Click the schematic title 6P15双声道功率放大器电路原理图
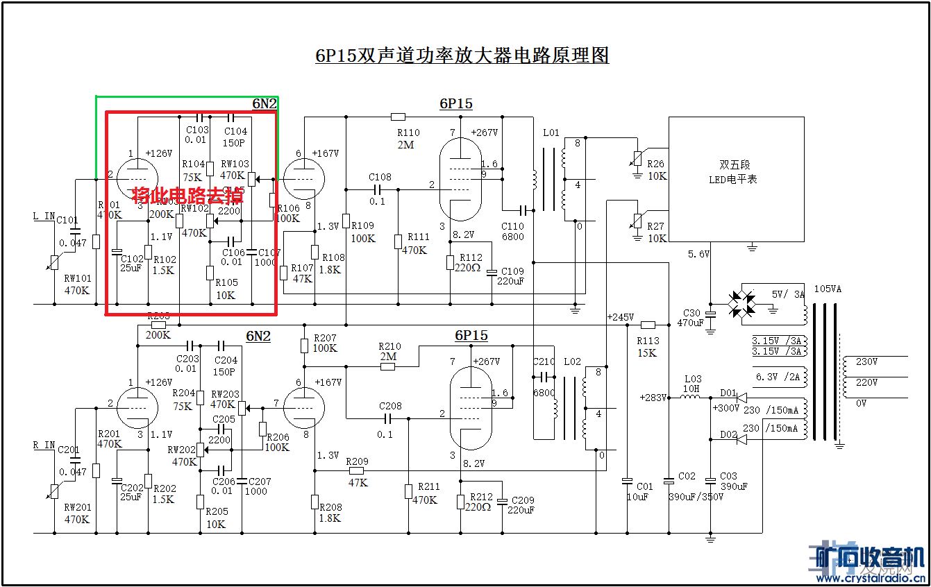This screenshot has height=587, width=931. coord(462,56)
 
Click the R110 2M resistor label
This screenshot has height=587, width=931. coord(408,139)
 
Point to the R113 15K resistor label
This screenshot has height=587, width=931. coord(647,346)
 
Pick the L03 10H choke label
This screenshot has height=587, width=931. coord(693,384)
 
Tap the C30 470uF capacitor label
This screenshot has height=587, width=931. coord(692,318)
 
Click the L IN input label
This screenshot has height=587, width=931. coord(44,216)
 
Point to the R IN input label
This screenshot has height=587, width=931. coord(44,445)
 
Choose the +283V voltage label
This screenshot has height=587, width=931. coord(653,398)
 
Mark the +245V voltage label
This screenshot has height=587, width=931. coord(620,317)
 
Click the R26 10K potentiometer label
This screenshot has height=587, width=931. coord(655,170)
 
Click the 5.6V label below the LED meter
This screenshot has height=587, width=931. coord(698,255)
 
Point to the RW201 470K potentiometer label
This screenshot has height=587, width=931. coord(77,513)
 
